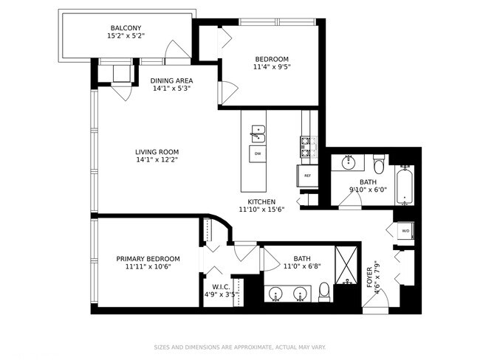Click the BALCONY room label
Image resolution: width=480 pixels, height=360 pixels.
[126, 27]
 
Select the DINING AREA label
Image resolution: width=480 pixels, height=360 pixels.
[171, 80]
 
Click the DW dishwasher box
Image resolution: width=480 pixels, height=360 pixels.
[257, 153]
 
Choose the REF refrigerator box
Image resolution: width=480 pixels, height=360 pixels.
[308, 175]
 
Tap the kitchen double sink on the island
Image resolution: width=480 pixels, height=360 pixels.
[257, 134]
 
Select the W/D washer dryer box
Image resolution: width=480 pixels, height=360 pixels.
[405, 231]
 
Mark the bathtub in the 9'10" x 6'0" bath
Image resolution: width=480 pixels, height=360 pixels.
[404, 185]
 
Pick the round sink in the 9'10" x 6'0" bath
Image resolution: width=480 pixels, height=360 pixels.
[347, 162]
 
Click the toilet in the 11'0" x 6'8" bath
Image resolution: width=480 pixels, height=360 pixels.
[323, 294]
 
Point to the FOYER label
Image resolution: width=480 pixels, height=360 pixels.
[370, 277]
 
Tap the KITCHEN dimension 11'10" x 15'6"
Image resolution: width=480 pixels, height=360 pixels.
[262, 210]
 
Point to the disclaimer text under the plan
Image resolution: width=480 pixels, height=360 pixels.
[239, 346]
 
